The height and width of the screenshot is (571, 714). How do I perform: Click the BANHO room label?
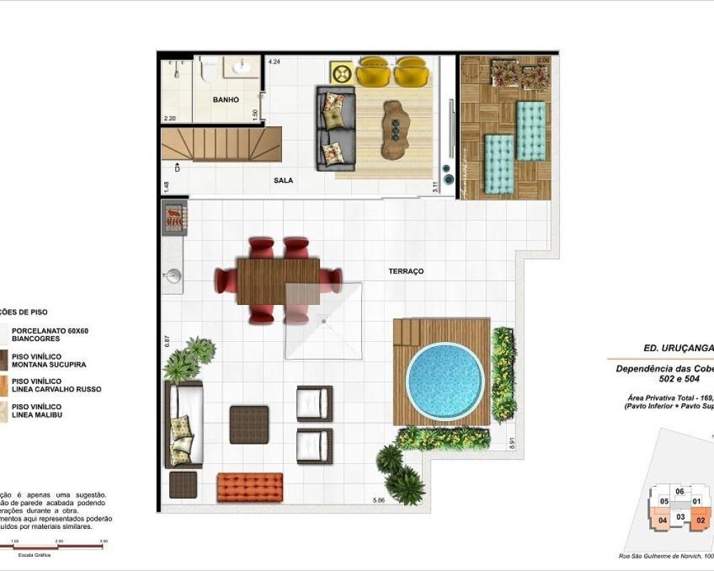[x=226, y=100]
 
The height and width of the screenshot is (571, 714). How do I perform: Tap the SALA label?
[x=283, y=181]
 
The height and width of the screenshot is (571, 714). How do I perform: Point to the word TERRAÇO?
[x=406, y=271]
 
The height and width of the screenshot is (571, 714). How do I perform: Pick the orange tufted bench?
[x=250, y=487]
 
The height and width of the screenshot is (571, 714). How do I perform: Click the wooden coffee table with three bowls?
[x=393, y=130]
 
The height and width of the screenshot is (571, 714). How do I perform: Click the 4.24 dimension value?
[x=274, y=62]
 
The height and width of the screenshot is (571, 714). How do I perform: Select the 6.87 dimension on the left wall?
[x=167, y=340]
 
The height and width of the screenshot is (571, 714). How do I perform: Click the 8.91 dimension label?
[x=512, y=443]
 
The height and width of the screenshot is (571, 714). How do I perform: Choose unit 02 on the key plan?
[x=700, y=520]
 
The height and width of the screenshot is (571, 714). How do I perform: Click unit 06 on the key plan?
[x=680, y=491]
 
